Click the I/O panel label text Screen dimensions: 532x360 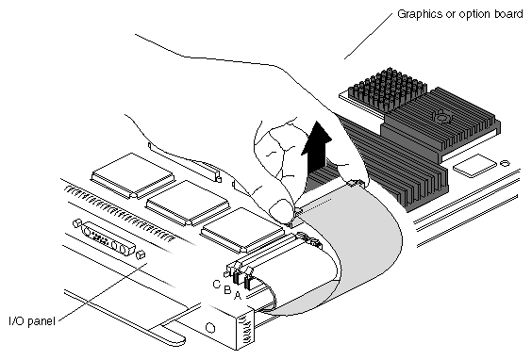click(x=32, y=320)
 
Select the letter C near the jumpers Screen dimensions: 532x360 click(x=216, y=284)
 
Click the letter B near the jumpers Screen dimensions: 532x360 click(x=227, y=290)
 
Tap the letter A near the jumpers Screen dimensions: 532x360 click(x=238, y=296)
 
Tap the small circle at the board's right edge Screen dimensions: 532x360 click(x=506, y=163)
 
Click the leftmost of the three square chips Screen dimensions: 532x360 click(x=133, y=175)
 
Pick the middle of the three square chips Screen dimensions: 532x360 click(x=188, y=203)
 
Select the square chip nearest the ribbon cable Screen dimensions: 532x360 click(x=242, y=231)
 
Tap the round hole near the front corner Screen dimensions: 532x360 click(x=210, y=328)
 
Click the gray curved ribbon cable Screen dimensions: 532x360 click(x=359, y=251)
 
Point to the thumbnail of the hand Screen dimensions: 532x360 click(x=281, y=207)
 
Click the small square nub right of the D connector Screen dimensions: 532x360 click(x=141, y=254)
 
